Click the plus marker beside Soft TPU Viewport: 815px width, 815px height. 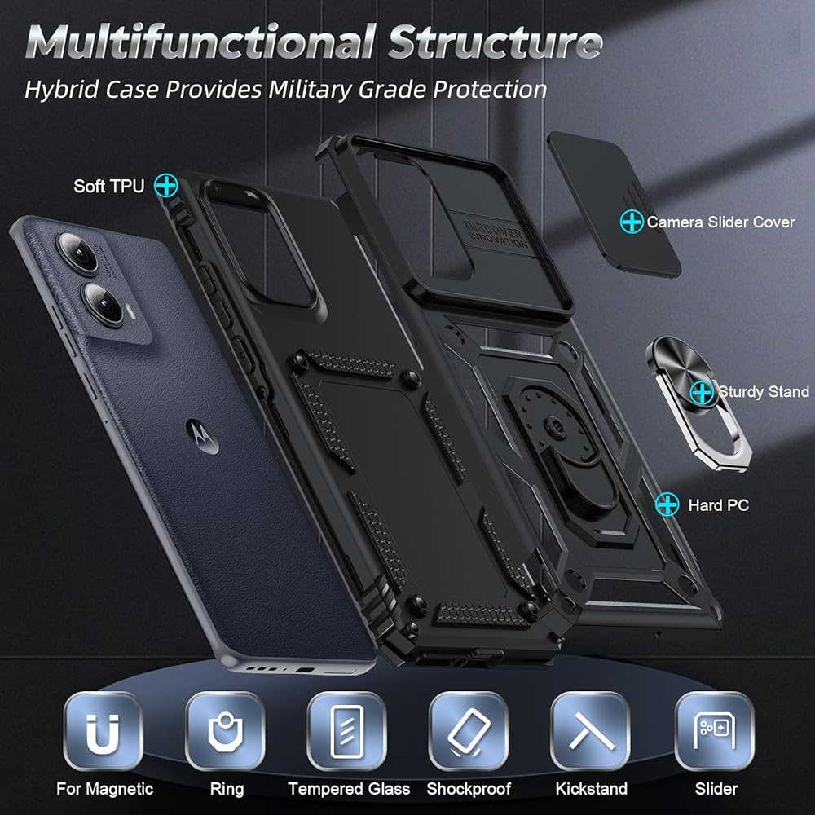click(x=166, y=185)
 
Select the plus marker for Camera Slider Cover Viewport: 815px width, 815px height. click(x=632, y=221)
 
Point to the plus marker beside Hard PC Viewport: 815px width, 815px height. click(x=667, y=505)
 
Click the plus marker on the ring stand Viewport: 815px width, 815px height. click(x=701, y=392)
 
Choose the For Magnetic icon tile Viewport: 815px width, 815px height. click(x=104, y=732)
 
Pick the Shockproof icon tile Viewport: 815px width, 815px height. click(x=469, y=732)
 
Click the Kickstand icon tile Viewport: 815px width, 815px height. click(x=591, y=732)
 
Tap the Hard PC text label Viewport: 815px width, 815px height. click(x=718, y=505)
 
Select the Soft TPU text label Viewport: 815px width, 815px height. click(x=108, y=186)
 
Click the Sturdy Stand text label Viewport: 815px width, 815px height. click(x=763, y=392)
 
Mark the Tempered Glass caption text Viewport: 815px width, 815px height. click(x=350, y=789)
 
